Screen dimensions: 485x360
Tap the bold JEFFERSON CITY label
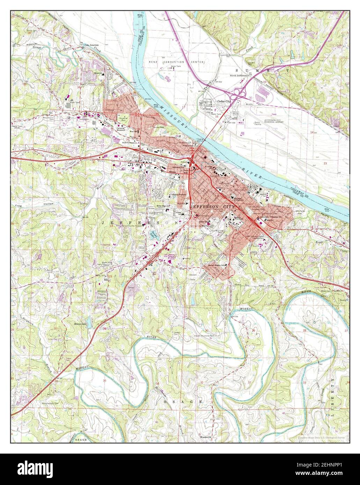(213, 207)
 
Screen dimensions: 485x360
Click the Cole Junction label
(91, 45)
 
